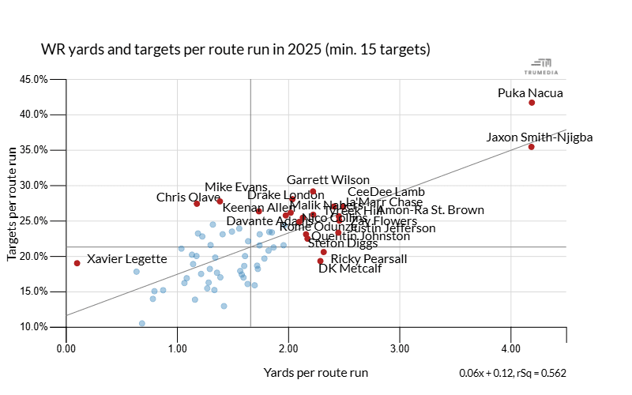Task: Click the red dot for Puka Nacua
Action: click(x=532, y=103)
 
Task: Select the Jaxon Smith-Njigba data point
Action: click(x=532, y=147)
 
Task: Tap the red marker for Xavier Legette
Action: click(x=77, y=263)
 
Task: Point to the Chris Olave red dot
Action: click(x=197, y=204)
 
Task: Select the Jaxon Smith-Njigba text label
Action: click(x=540, y=137)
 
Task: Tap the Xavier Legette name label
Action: click(x=127, y=259)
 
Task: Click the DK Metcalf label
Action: click(x=350, y=269)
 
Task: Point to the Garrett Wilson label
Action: click(x=328, y=180)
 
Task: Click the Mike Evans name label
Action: click(x=236, y=187)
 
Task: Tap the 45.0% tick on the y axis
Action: click(x=35, y=79)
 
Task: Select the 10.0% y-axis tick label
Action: click(x=35, y=327)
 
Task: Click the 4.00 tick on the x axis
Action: click(x=510, y=346)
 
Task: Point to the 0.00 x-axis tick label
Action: click(x=66, y=346)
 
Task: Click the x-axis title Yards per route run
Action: click(x=316, y=372)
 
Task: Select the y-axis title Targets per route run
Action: click(x=13, y=203)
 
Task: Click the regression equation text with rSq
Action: click(x=513, y=373)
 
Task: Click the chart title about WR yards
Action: click(x=235, y=50)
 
